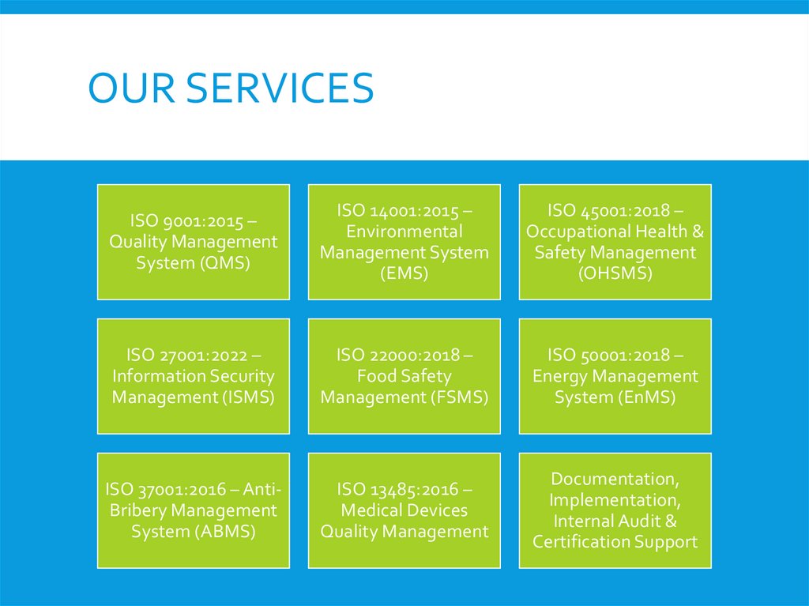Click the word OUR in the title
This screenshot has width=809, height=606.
tap(130, 88)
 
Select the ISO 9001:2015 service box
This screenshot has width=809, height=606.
tap(194, 242)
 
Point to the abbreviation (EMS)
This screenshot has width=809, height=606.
tap(404, 273)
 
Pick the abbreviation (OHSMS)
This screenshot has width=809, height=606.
tap(615, 273)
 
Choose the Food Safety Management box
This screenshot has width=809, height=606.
tap(404, 376)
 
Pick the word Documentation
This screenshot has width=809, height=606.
tap(614, 480)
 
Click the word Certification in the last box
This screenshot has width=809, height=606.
tap(580, 541)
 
